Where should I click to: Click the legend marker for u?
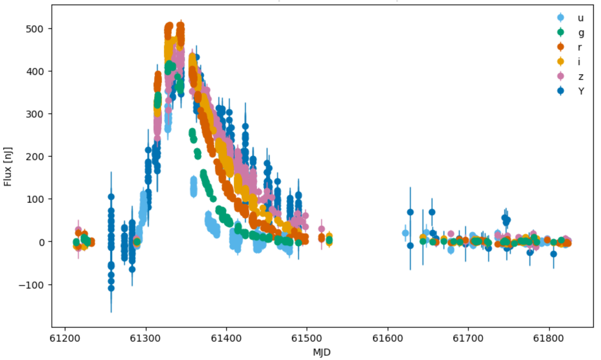click(x=561, y=18)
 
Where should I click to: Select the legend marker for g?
click(x=561, y=32)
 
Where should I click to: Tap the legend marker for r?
click(x=561, y=47)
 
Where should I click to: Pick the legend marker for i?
click(x=561, y=62)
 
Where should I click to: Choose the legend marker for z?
click(x=561, y=76)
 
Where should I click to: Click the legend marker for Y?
click(x=561, y=91)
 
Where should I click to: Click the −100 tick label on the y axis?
click(x=31, y=285)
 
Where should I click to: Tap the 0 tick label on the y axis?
click(x=41, y=242)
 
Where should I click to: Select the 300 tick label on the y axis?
click(x=35, y=114)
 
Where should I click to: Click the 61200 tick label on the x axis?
click(x=65, y=338)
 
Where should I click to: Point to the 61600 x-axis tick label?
click(x=388, y=338)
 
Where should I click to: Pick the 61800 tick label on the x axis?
click(x=549, y=338)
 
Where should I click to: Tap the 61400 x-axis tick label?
click(x=226, y=338)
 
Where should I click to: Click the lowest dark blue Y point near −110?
click(x=111, y=288)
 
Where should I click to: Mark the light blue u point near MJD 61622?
click(x=405, y=233)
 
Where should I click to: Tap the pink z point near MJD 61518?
click(x=321, y=229)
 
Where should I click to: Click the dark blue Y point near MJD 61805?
click(x=554, y=254)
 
